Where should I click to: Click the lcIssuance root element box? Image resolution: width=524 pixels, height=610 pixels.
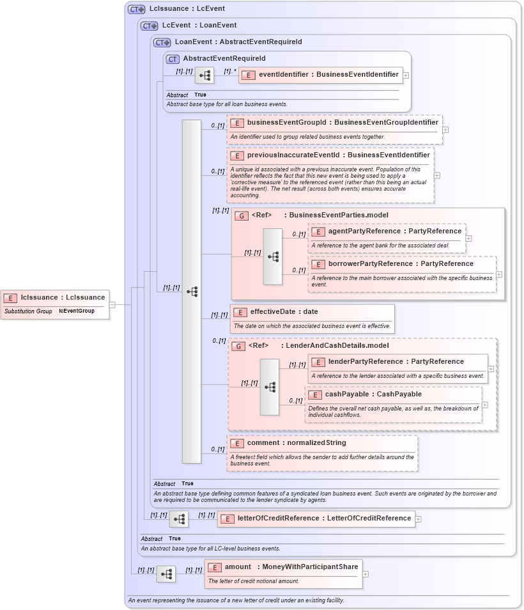click(x=55, y=297)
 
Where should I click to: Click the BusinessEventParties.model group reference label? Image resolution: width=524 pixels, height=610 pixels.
click(x=338, y=215)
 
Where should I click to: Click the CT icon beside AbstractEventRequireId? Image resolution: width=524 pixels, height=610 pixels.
click(x=173, y=59)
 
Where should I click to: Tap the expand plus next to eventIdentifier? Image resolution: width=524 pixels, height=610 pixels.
click(x=406, y=75)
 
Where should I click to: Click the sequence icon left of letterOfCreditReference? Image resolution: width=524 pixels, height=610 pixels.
click(x=179, y=519)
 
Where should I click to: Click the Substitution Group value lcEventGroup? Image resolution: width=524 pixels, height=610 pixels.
click(x=77, y=311)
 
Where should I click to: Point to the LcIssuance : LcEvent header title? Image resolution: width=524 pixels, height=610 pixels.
click(x=187, y=10)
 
